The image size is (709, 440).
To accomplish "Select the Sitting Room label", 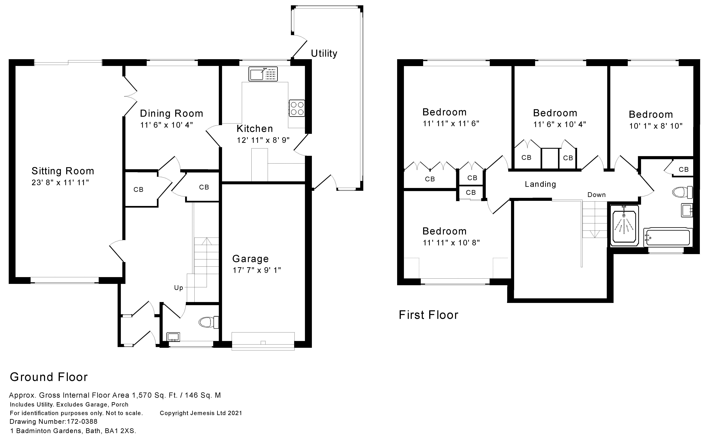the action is point(63,171).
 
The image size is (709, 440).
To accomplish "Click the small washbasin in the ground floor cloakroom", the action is point(173,337).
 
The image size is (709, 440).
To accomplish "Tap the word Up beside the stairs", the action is point(179,288).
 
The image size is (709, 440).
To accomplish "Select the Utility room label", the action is point(324,54).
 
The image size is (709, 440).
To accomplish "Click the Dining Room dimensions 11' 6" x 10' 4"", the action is point(166,125).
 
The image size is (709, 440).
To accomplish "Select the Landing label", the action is point(540,184).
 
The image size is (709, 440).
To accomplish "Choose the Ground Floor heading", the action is point(49,377).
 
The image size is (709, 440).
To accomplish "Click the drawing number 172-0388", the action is point(82,422).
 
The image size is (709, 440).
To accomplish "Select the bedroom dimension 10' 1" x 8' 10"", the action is point(656,126).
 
